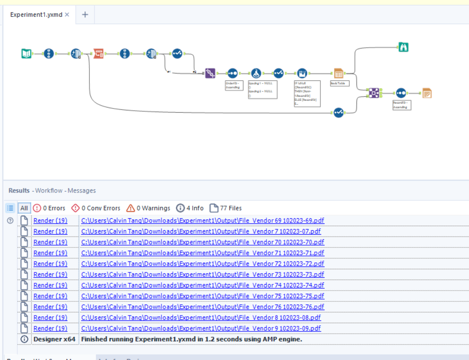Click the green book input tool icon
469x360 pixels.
pos(26,54)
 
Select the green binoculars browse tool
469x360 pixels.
pos(404,47)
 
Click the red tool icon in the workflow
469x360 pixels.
pos(99,54)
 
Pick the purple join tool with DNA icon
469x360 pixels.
pos(210,73)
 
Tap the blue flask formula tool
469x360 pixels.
pos(256,73)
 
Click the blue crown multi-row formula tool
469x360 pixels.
pos(302,73)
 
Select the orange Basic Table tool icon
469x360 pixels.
pos(338,73)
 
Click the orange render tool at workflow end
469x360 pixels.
pos(427,93)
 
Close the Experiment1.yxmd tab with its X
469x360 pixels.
pos(67,15)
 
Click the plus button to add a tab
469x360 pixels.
pos(85,15)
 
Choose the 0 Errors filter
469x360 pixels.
pos(49,208)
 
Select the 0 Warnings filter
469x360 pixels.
pos(148,208)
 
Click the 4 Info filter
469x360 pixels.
pos(190,208)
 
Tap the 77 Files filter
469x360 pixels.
pos(226,208)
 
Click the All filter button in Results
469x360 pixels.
pos(24,208)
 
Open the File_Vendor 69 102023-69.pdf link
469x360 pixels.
pos(202,221)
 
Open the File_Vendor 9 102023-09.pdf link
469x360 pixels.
pos(201,328)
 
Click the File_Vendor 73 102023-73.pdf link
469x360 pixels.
pos(202,275)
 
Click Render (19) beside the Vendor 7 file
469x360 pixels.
pos(50,232)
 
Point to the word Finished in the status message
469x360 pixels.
pos(95,339)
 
